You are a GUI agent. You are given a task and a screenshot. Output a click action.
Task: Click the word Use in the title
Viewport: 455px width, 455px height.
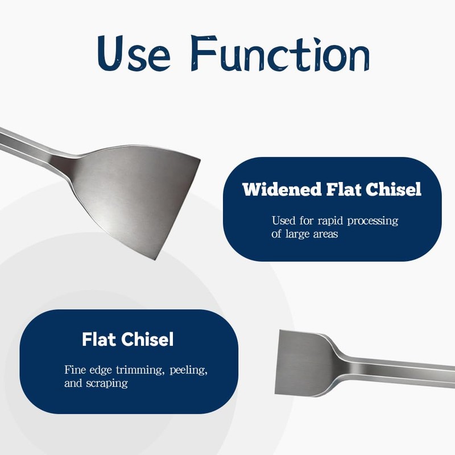click(134, 53)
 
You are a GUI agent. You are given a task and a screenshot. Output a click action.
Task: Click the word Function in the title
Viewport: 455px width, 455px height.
click(280, 53)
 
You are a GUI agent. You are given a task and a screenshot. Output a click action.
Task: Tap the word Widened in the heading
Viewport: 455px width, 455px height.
click(282, 189)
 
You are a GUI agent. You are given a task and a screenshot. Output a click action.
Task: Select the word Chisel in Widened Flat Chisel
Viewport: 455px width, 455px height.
click(393, 189)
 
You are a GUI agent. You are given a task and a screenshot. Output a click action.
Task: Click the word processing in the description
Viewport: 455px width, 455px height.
click(373, 221)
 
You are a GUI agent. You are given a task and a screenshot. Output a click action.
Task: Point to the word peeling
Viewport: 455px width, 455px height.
click(189, 371)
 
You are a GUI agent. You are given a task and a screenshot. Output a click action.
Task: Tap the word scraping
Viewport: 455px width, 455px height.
click(107, 383)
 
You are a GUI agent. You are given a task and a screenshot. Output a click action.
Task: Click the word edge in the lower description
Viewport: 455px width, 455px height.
click(101, 371)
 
